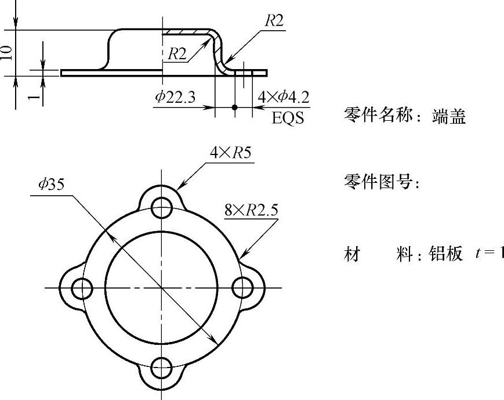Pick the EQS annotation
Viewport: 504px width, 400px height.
click(x=288, y=118)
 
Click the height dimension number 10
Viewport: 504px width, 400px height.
click(x=7, y=52)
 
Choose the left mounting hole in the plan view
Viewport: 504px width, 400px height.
click(x=82, y=287)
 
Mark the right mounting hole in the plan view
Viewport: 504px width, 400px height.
click(x=241, y=287)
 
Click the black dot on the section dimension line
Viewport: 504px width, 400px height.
click(x=234, y=107)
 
